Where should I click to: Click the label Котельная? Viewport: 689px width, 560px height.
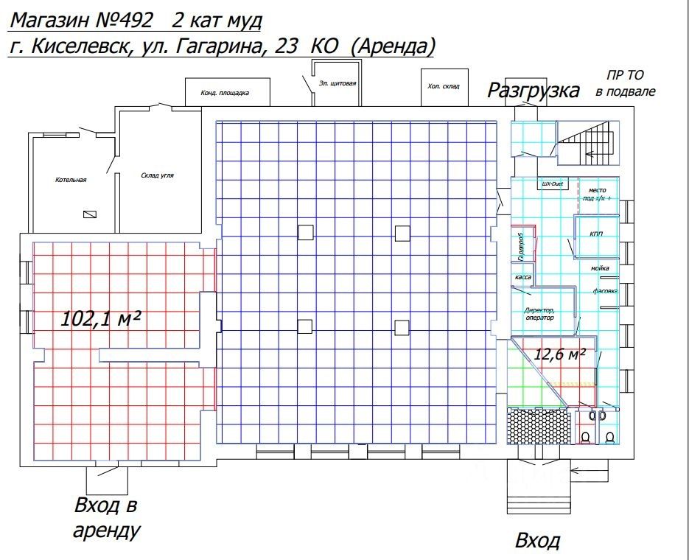(71, 180)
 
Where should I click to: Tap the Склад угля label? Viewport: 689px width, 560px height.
(157, 176)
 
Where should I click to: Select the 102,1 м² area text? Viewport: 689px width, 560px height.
(101, 318)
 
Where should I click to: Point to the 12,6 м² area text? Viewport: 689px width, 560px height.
(560, 354)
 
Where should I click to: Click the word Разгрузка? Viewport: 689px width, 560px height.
(534, 91)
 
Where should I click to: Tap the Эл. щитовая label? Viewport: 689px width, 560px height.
(338, 83)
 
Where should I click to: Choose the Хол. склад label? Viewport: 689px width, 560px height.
(443, 86)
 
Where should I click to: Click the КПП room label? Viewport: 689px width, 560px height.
(596, 234)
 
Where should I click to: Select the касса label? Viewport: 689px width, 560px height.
(523, 277)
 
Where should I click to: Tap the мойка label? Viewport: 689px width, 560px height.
(600, 269)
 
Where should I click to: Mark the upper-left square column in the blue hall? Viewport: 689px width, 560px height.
(306, 234)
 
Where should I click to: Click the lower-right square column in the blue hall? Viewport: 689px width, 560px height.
(402, 327)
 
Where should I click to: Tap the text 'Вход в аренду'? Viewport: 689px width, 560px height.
(106, 517)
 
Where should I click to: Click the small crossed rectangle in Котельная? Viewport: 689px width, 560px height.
(90, 214)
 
